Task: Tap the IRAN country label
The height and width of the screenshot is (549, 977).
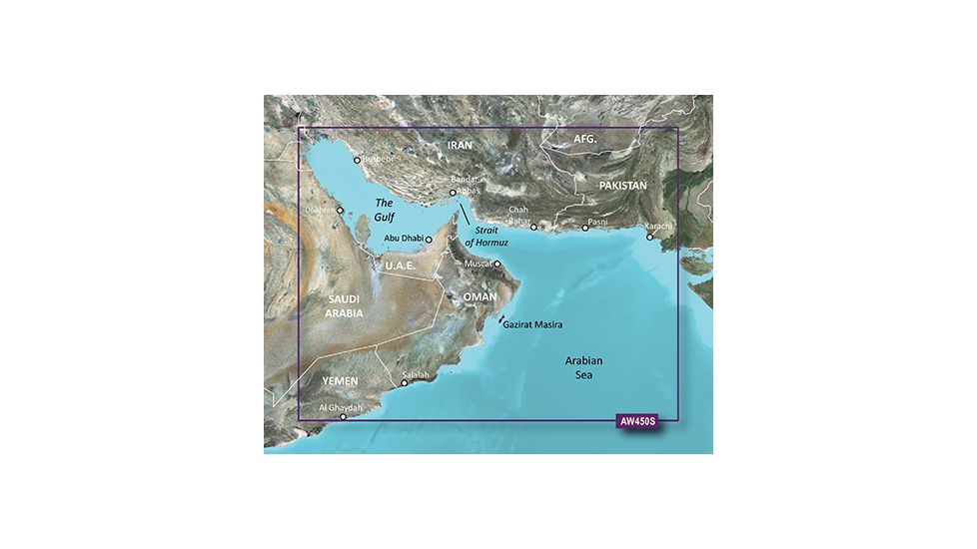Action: pyautogui.click(x=460, y=145)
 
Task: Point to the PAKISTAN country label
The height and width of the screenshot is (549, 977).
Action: pyautogui.click(x=623, y=187)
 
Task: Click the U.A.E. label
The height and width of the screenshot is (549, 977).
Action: pyautogui.click(x=401, y=267)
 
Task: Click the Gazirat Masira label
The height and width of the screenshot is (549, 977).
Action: pyautogui.click(x=533, y=325)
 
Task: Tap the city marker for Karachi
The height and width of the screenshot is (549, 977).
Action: pyautogui.click(x=649, y=238)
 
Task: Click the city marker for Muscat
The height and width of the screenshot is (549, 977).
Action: pyautogui.click(x=497, y=265)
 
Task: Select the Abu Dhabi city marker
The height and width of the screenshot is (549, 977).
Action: pyautogui.click(x=429, y=240)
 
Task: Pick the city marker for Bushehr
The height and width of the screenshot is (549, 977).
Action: pyautogui.click(x=357, y=160)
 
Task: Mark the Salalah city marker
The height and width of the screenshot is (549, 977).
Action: pyautogui.click(x=405, y=382)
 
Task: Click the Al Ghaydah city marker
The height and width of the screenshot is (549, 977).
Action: pyautogui.click(x=344, y=417)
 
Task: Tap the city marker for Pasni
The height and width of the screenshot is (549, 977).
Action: pyautogui.click(x=585, y=228)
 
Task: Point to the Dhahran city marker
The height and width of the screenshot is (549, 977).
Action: pyautogui.click(x=340, y=211)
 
